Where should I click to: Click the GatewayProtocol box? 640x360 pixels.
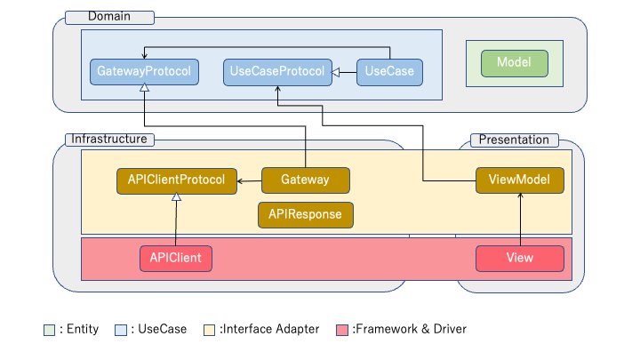[144, 72]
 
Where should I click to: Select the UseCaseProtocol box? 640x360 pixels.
[277, 72]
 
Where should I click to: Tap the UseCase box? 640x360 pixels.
[389, 72]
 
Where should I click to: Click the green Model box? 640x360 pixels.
[514, 63]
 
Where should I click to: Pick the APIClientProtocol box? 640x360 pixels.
[177, 180]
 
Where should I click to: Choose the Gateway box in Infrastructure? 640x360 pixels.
[305, 180]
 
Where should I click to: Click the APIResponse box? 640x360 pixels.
[306, 214]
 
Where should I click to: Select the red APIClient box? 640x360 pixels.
[175, 259]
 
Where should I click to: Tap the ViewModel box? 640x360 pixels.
[519, 180]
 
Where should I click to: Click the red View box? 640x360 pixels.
[519, 259]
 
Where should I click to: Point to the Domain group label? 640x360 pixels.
[110, 17]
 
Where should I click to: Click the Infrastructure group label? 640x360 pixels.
[109, 140]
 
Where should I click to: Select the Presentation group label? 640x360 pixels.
[515, 140]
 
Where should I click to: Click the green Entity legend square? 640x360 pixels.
[50, 330]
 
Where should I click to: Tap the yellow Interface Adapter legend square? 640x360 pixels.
[211, 330]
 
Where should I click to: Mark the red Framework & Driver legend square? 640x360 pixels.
[344, 330]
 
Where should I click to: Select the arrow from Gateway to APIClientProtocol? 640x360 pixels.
[249, 181]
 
